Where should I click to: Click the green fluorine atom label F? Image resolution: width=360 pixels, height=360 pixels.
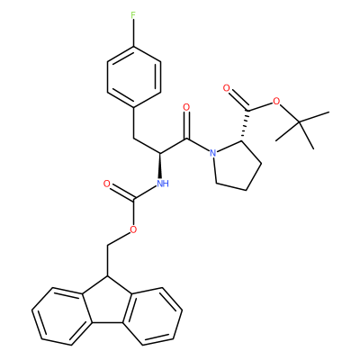click(x=133, y=16)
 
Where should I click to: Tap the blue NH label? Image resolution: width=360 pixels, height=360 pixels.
click(x=163, y=184)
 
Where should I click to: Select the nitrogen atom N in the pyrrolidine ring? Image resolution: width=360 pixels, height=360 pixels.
click(x=212, y=153)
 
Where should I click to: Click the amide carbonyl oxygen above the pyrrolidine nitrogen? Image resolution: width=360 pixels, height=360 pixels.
click(x=186, y=107)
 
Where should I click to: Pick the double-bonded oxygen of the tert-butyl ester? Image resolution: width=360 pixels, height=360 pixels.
click(x=226, y=88)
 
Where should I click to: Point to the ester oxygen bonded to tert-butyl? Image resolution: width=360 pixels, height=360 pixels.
click(x=276, y=102)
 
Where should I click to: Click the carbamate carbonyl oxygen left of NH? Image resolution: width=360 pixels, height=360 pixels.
click(x=107, y=184)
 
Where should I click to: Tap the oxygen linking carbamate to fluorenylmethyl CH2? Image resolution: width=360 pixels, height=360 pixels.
click(x=133, y=229)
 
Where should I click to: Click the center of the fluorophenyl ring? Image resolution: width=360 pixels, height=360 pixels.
click(x=133, y=77)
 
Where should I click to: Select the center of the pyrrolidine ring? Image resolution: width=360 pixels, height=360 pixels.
click(x=237, y=166)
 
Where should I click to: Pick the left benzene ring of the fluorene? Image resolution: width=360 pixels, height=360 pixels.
click(x=61, y=316)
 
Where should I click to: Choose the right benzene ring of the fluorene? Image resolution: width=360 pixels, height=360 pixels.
click(x=152, y=316)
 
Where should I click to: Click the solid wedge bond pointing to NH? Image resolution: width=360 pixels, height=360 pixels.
click(x=160, y=166)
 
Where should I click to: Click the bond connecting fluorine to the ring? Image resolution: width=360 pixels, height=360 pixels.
click(x=133, y=33)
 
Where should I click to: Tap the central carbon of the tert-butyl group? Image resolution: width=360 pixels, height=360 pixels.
click(x=300, y=121)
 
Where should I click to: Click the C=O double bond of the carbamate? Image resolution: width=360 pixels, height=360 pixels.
click(x=121, y=191)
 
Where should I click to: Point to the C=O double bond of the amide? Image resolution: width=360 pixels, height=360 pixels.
click(x=187, y=125)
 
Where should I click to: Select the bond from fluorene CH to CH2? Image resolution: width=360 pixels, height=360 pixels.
click(x=106, y=261)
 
